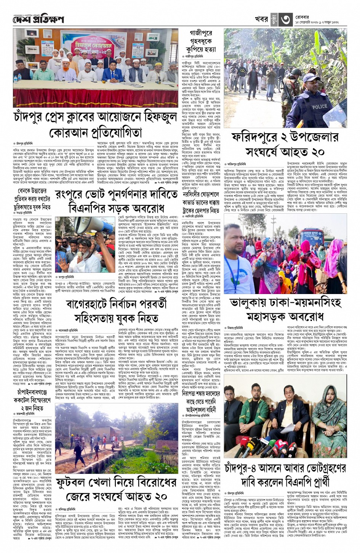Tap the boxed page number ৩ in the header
click(x=286, y=18)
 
